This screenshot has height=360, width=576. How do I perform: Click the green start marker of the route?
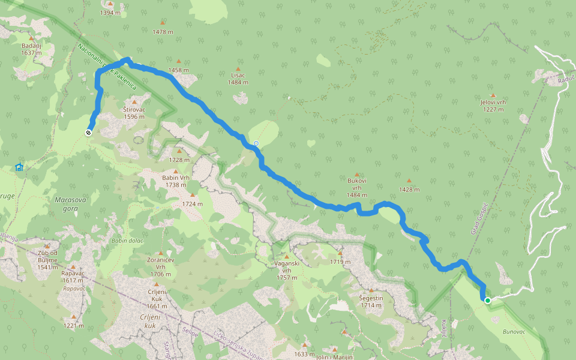pyautogui.click(x=488, y=301)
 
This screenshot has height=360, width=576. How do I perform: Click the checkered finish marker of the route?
pyautogui.click(x=89, y=133)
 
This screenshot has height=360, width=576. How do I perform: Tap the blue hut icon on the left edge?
pyautogui.click(x=19, y=167)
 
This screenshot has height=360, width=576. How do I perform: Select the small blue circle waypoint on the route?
pyautogui.click(x=256, y=143)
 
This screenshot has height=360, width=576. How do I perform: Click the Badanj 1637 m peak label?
pyautogui.click(x=31, y=49)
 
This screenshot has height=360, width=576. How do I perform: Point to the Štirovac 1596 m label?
pyautogui.click(x=133, y=113)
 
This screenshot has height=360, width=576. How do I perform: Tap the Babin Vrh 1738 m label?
pyautogui.click(x=176, y=181)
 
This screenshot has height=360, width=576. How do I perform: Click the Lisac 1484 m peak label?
pyautogui.click(x=238, y=78)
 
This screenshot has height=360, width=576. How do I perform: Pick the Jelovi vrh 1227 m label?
pyautogui.click(x=493, y=106)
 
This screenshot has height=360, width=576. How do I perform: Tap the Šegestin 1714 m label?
pyautogui.click(x=370, y=301)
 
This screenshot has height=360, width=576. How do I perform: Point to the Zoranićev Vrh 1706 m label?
pyautogui.click(x=160, y=266)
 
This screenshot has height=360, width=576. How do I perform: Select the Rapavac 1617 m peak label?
pyautogui.click(x=73, y=277)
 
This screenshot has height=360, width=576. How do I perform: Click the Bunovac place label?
pyautogui.click(x=514, y=331)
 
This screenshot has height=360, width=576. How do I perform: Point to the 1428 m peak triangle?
pyautogui.click(x=409, y=180)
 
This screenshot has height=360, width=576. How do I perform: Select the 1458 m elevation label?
pyautogui.click(x=178, y=70)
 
